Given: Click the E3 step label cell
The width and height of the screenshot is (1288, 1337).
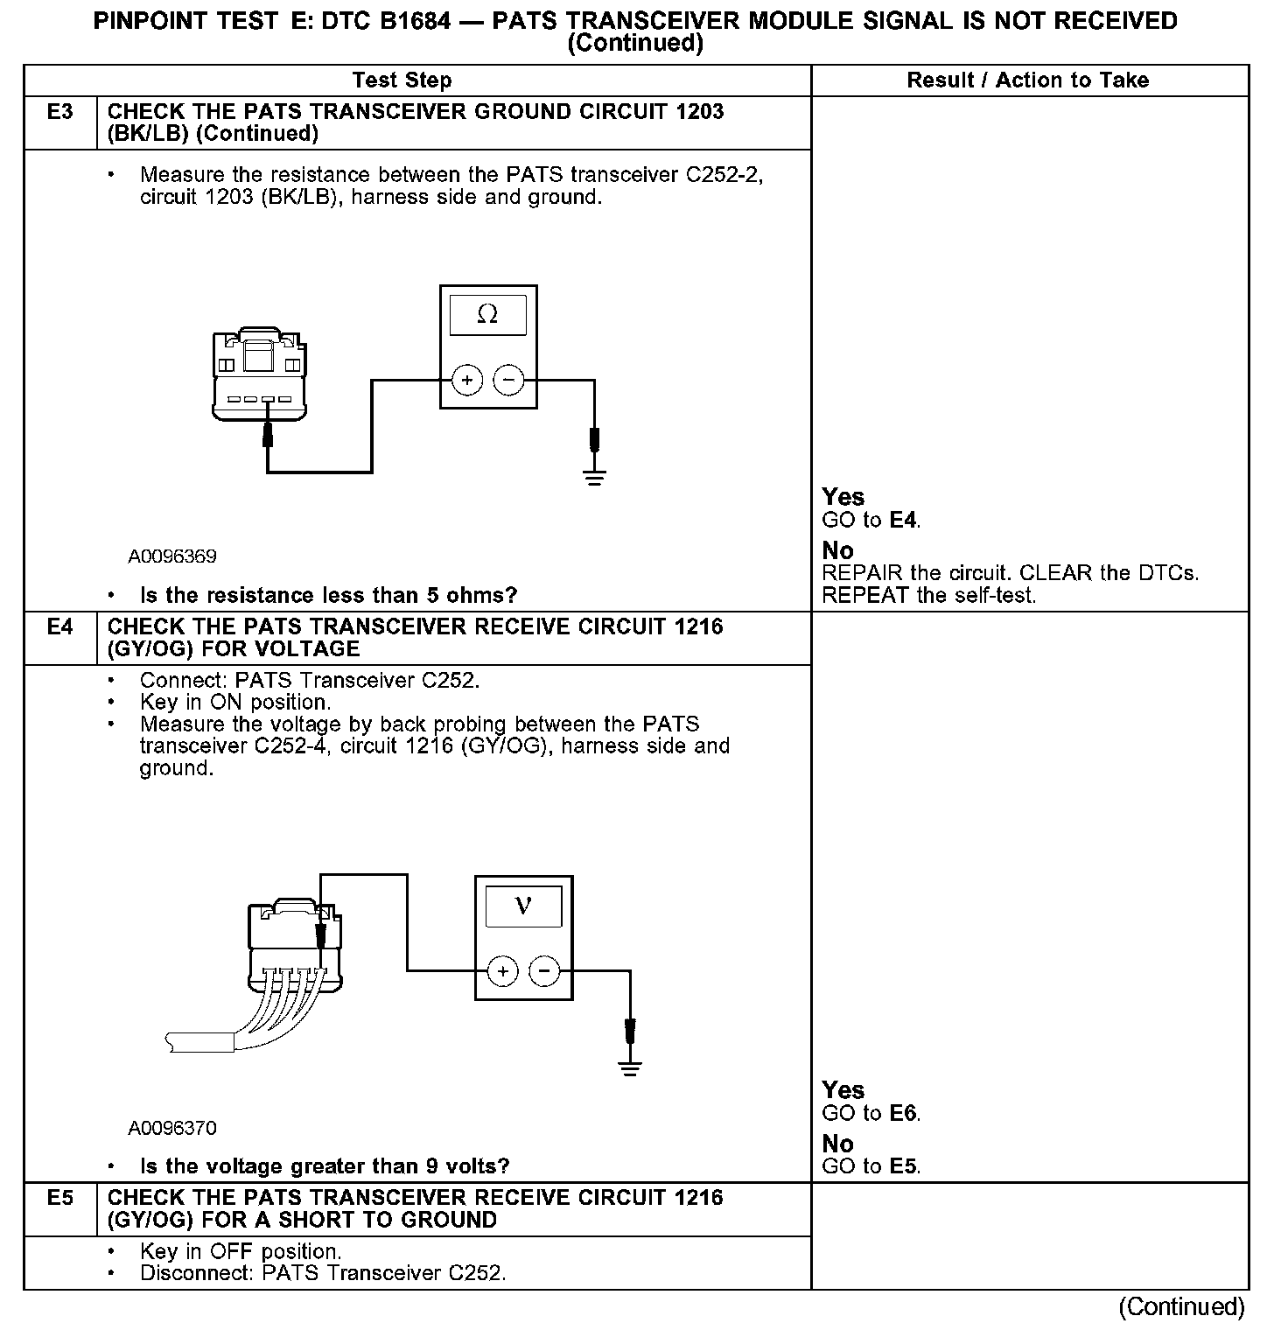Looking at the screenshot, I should [59, 112].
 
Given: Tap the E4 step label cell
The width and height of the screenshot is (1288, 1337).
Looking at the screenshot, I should [59, 626].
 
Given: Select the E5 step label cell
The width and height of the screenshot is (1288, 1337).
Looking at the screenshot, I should [59, 1198].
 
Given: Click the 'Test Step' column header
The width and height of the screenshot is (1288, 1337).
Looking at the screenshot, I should [402, 80].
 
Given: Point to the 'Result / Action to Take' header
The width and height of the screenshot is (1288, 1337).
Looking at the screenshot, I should [1027, 80].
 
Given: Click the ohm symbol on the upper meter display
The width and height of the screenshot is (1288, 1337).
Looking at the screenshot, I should [487, 315].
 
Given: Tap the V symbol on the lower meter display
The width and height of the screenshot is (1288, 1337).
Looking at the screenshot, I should [523, 905].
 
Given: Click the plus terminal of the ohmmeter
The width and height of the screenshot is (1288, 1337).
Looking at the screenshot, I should [467, 381].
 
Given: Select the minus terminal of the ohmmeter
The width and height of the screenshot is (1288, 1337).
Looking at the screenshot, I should [508, 381].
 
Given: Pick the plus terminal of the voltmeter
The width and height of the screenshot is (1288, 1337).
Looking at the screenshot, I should [503, 971].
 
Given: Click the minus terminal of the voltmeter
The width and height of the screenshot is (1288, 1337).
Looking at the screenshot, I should [544, 971].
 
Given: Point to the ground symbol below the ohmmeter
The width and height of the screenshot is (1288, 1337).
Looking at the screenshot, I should [594, 477].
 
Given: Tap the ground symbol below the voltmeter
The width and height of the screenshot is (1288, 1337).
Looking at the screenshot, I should [629, 1067].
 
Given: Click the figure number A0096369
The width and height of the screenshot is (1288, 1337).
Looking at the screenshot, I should [172, 556].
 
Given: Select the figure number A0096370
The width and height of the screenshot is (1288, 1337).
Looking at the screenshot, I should [172, 1128].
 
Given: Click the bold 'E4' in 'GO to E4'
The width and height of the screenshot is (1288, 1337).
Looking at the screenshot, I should [904, 521].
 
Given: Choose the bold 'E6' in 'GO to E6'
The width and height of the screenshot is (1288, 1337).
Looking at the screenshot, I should [904, 1114].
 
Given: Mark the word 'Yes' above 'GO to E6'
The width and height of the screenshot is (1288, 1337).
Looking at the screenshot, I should [843, 1090].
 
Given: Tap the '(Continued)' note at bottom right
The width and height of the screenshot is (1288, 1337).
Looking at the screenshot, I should [1181, 1306].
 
